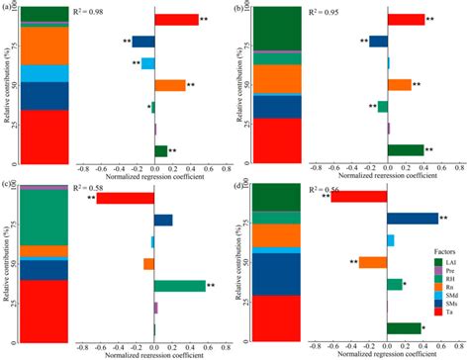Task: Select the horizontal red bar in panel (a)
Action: pos(176,20)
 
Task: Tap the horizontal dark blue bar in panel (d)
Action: pos(412,219)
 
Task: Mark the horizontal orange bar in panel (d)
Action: pos(372,262)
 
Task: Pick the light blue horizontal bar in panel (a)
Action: pos(147,63)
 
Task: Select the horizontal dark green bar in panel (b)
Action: pos(406,150)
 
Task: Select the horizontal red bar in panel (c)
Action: pos(126,198)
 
